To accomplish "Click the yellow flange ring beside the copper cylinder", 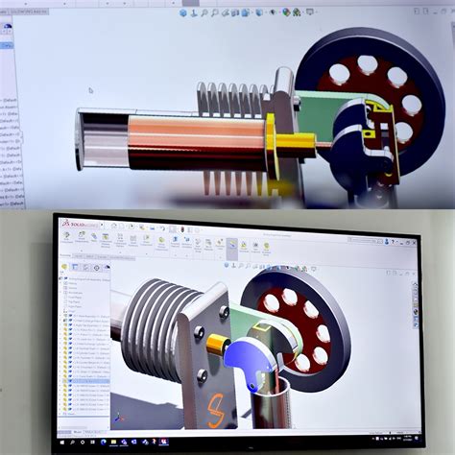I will [x=272, y=144].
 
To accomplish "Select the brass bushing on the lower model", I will [x=217, y=347].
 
